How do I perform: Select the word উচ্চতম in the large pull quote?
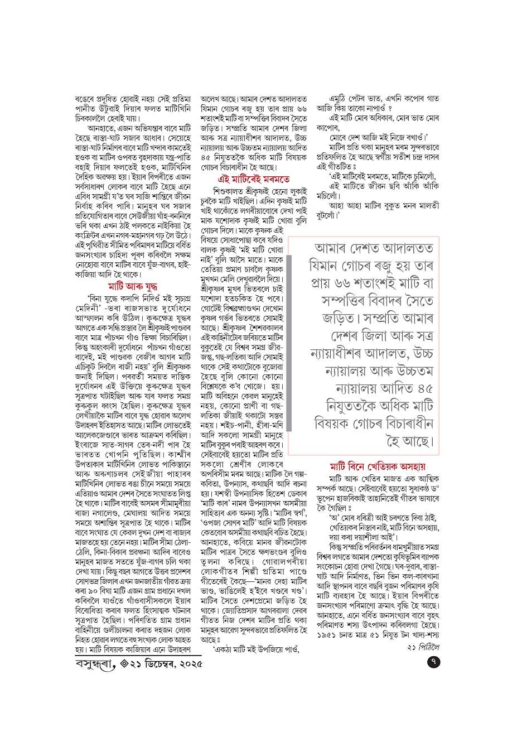(x=410, y=371)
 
